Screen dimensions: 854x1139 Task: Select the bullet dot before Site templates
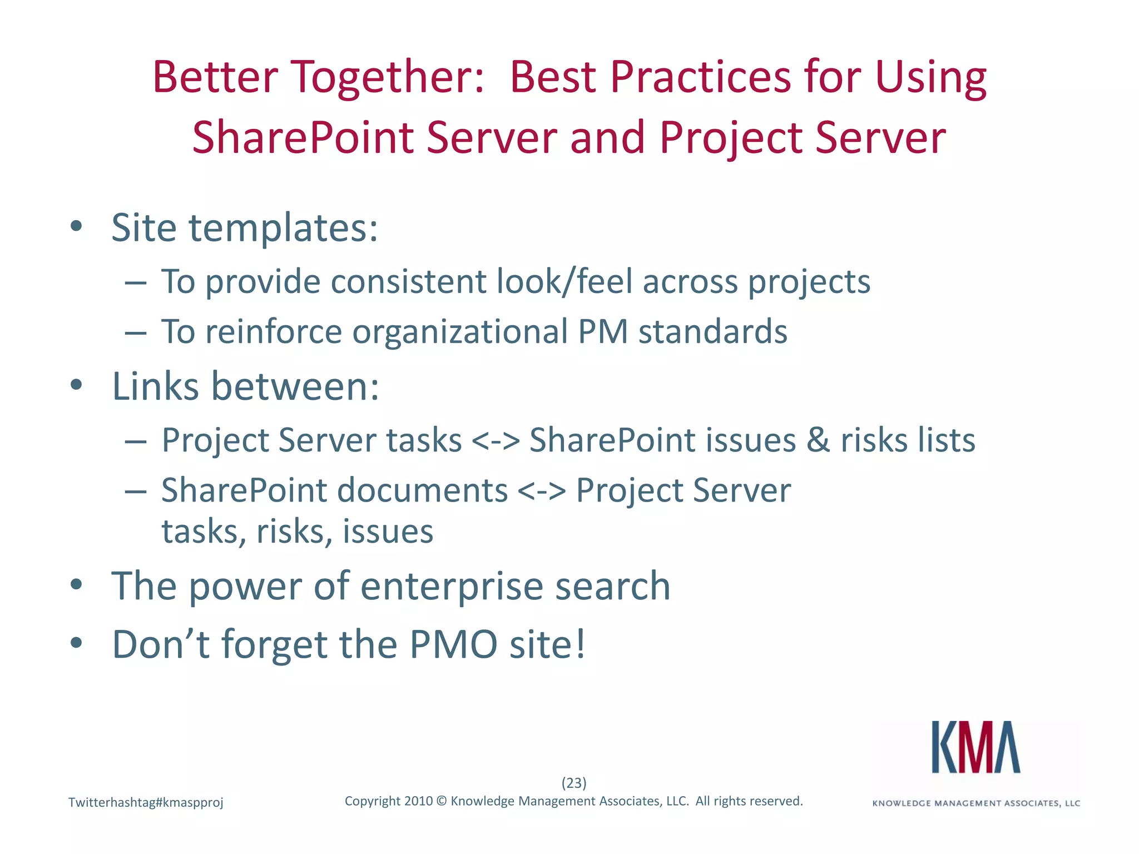(x=77, y=226)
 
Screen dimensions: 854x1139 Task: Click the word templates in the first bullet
(x=284, y=228)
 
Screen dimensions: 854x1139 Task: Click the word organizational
(x=459, y=332)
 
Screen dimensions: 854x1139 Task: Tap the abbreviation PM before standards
(x=603, y=331)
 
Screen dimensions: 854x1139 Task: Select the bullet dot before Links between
(x=77, y=385)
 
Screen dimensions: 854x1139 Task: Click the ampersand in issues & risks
(x=818, y=440)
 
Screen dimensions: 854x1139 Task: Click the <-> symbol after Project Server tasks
(x=496, y=440)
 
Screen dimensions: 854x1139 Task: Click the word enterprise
(x=451, y=586)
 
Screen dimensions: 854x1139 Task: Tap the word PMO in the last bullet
(x=453, y=644)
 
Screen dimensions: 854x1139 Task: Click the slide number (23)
(x=574, y=783)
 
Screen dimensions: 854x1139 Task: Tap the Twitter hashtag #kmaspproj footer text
(x=146, y=802)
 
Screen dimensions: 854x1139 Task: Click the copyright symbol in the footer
(x=442, y=801)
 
